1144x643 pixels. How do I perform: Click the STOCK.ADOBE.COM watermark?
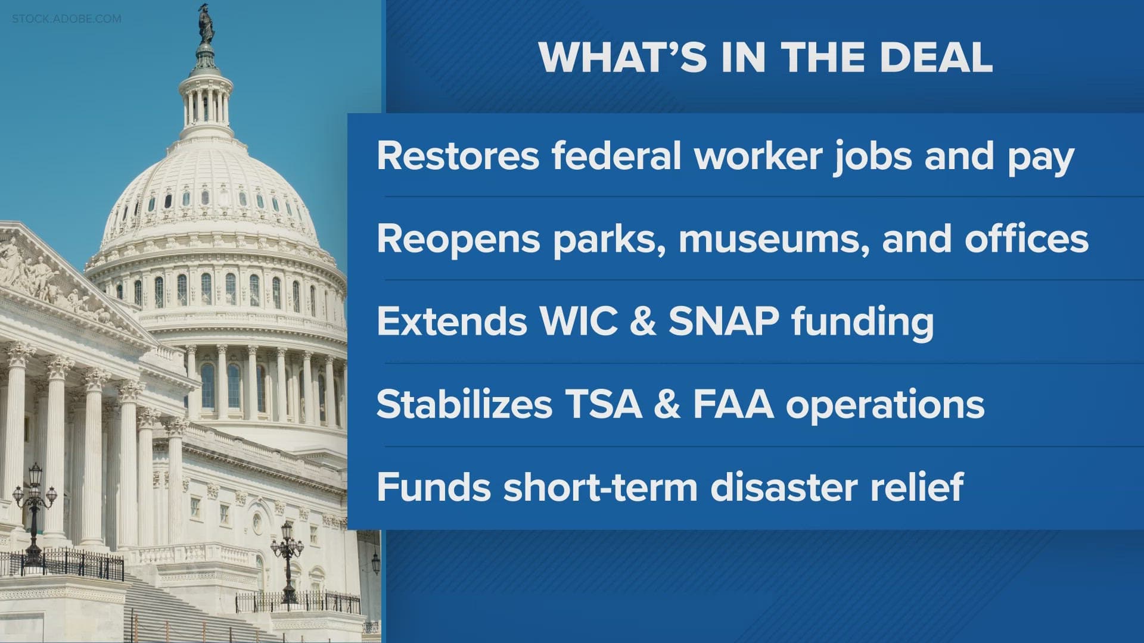pyautogui.click(x=66, y=19)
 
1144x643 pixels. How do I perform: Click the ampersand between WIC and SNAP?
pyautogui.click(x=642, y=321)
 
